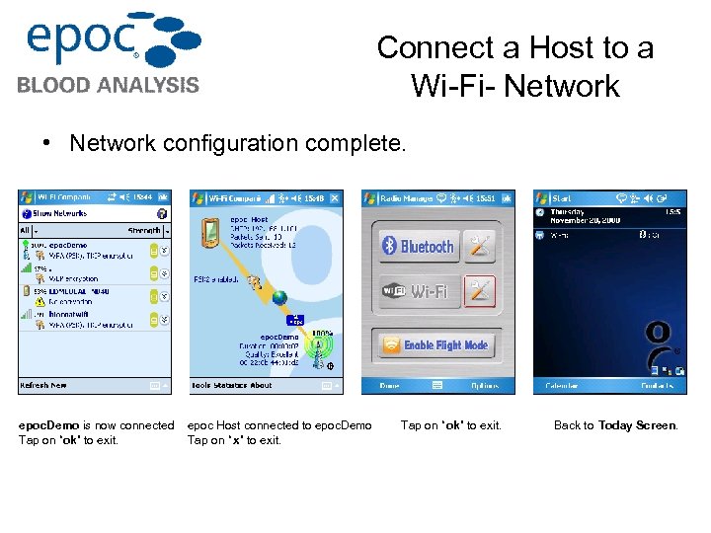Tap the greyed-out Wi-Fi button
click(418, 291)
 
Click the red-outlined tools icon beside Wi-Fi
click(481, 291)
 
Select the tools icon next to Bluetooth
click(481, 247)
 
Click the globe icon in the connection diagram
click(279, 297)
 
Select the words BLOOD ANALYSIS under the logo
click(108, 85)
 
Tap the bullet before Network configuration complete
click(47, 143)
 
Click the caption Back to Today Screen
click(616, 425)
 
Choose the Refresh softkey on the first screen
click(42, 385)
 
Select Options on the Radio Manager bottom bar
click(484, 385)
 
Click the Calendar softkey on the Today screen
click(558, 385)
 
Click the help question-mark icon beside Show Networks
click(162, 213)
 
